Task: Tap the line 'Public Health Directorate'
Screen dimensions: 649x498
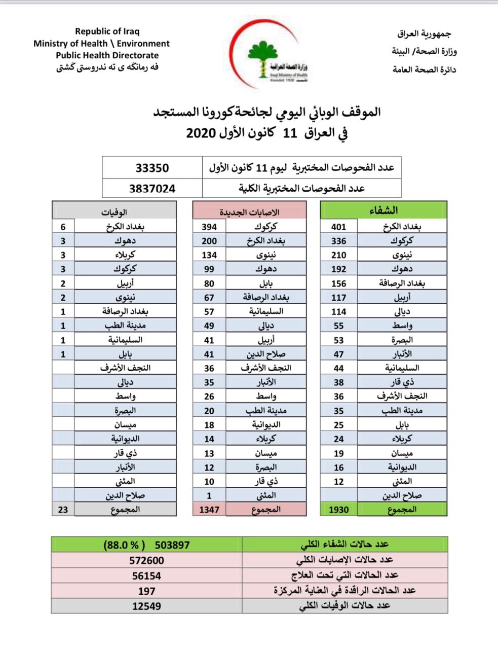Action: pyautogui.click(x=107, y=55)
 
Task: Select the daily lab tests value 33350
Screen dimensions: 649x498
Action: pyautogui.click(x=152, y=168)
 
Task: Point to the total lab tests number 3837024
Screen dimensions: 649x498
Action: pyautogui.click(x=152, y=188)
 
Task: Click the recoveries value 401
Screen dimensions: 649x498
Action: pyautogui.click(x=338, y=227)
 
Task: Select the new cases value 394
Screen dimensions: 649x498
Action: pyautogui.click(x=209, y=227)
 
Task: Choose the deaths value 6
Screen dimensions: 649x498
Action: pyautogui.click(x=63, y=227)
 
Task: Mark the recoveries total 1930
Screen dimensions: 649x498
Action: pyautogui.click(x=338, y=509)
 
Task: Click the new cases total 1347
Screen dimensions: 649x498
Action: pyautogui.click(x=209, y=509)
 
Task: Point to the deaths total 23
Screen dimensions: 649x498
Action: pyautogui.click(x=63, y=509)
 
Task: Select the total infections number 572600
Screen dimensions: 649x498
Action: pyautogui.click(x=146, y=560)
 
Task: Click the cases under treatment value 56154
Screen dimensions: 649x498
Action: pyautogui.click(x=146, y=575)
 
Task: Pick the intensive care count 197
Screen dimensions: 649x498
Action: pyautogui.click(x=146, y=591)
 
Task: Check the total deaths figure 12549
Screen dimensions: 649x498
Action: pyautogui.click(x=146, y=606)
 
